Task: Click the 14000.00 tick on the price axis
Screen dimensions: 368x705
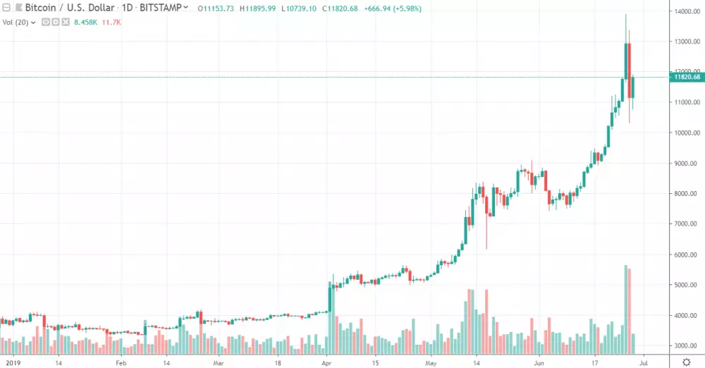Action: click(x=686, y=11)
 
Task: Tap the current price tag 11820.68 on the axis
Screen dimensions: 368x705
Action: click(x=686, y=78)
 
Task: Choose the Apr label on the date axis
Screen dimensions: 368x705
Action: click(x=326, y=363)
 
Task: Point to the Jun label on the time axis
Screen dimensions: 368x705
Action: click(x=539, y=363)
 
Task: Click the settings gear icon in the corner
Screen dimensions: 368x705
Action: click(x=686, y=362)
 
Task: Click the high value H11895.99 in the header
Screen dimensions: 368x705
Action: click(x=258, y=8)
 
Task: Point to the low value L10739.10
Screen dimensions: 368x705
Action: click(x=300, y=8)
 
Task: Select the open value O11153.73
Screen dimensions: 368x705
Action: click(x=216, y=8)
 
